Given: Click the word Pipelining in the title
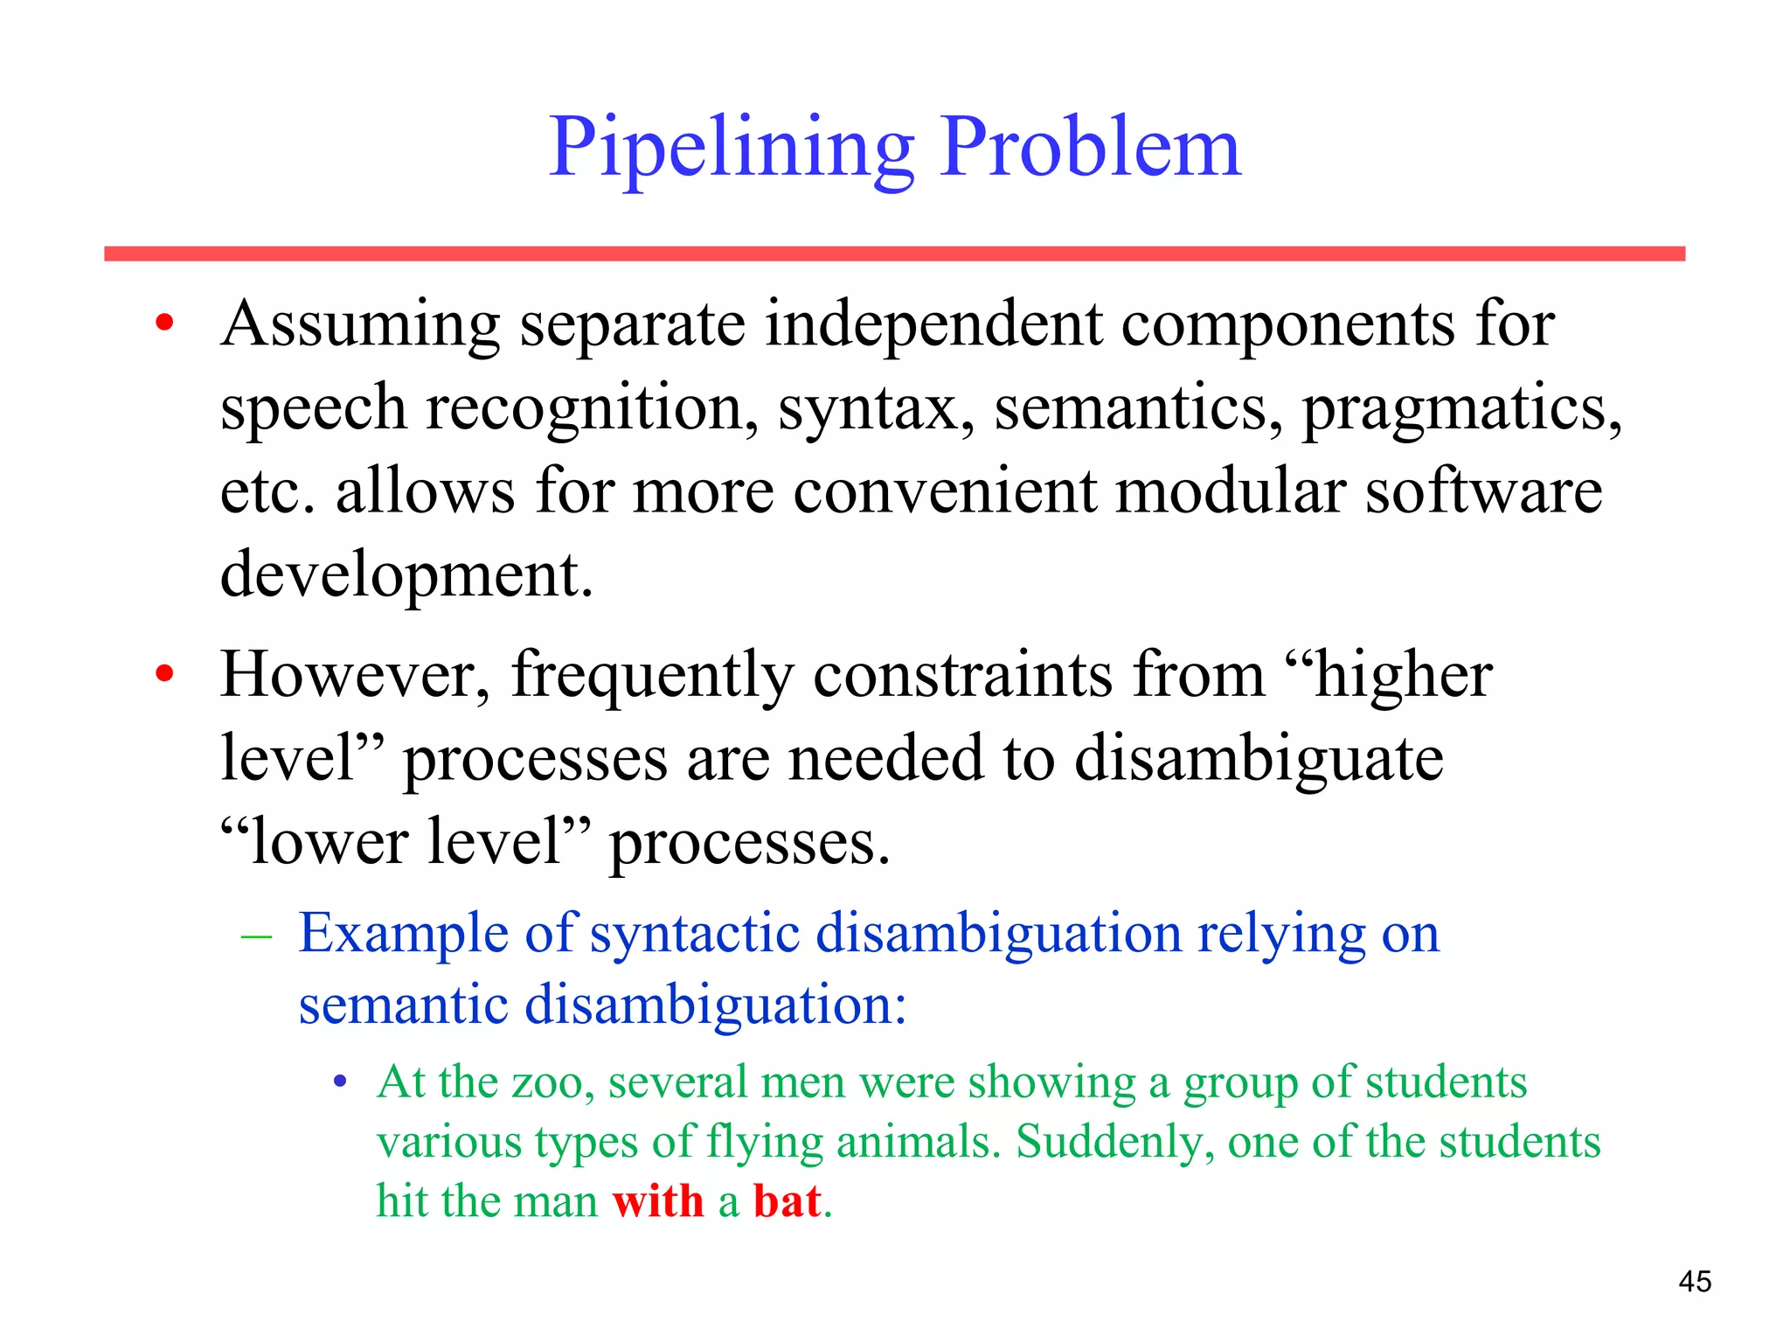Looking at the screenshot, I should [x=731, y=149].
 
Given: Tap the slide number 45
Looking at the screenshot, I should [x=1694, y=1282].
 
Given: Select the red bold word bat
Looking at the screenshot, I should [x=787, y=1200].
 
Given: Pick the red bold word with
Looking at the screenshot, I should [x=657, y=1200].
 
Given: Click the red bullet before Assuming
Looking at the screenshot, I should [x=164, y=324].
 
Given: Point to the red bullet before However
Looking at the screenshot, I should [x=164, y=674].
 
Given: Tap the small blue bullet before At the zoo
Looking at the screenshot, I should [x=341, y=1083].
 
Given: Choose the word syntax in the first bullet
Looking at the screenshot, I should [x=876, y=409].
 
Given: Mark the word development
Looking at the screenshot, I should [x=406, y=574].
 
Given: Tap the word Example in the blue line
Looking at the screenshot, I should [x=403, y=934].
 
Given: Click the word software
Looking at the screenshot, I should [x=1483, y=491].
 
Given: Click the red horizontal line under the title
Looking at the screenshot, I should [x=894, y=254].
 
